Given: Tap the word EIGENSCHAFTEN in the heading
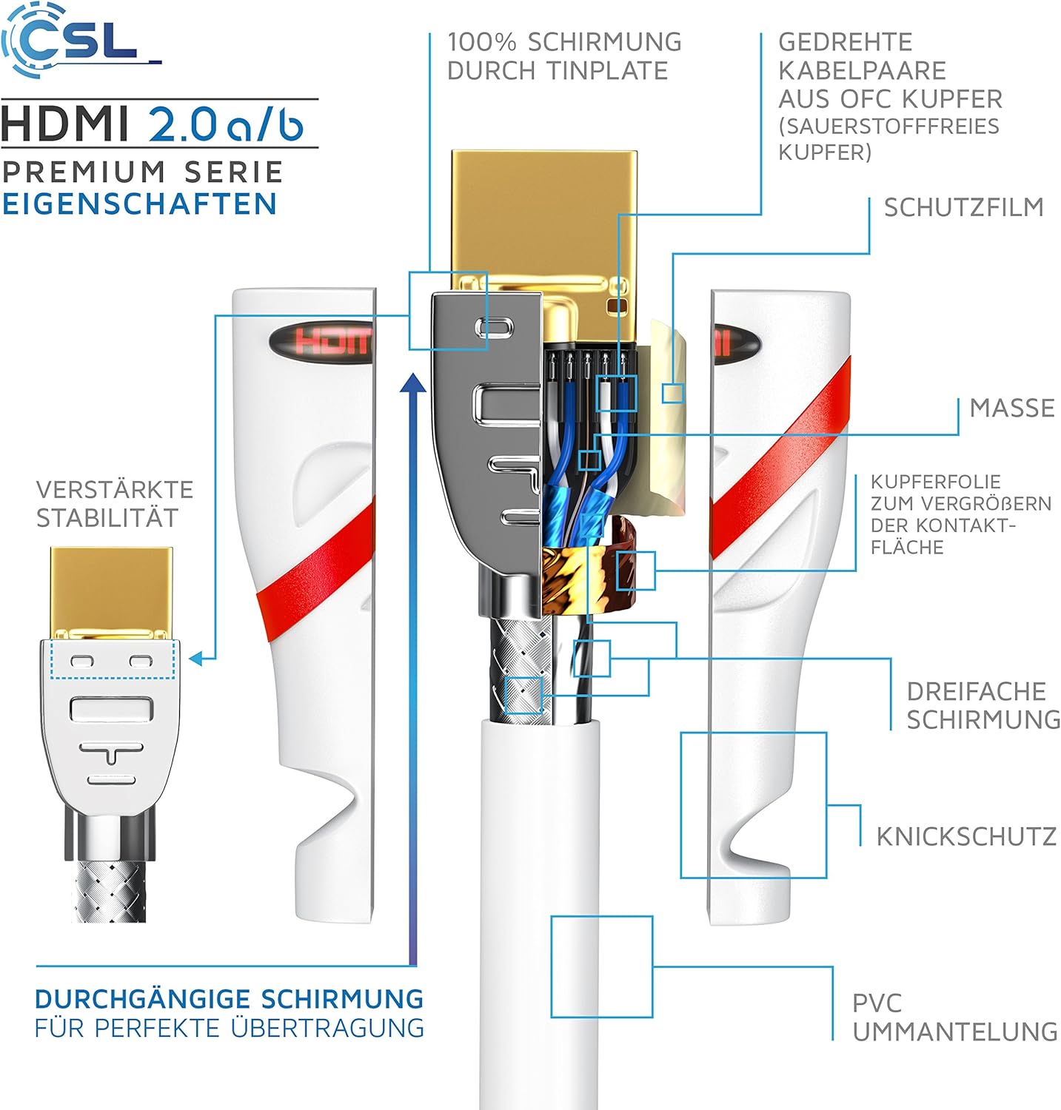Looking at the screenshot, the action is [139, 204].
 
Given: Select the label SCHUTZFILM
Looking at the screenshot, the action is [963, 207].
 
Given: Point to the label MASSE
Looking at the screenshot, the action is [1012, 408].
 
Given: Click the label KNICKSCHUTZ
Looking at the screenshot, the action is [966, 836].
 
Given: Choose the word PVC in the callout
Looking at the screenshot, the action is [877, 1003].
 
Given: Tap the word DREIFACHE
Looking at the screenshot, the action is [976, 691].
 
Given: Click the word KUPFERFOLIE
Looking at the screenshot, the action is [936, 482].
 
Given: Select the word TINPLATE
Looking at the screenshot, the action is [607, 71].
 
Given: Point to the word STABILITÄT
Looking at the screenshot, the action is [107, 518].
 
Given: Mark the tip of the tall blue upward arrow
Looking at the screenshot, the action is [413, 375].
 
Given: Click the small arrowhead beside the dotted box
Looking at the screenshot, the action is [195, 658].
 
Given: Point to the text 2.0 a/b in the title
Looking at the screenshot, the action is [227, 124].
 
